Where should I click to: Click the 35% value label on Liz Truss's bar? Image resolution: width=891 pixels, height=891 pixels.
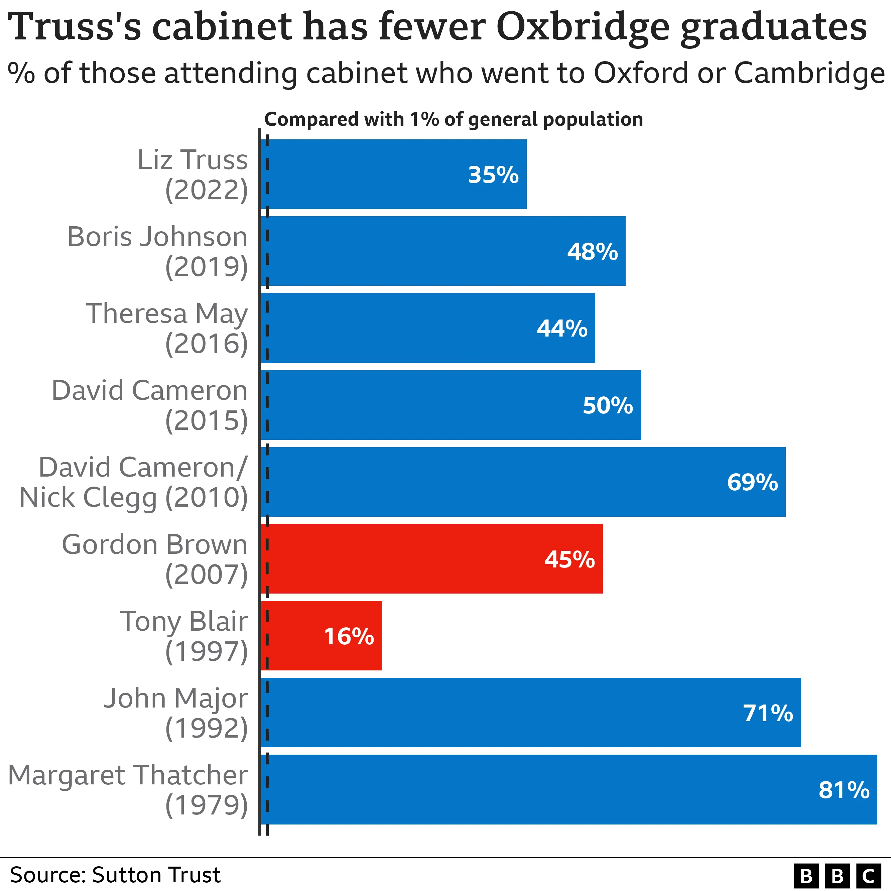tap(493, 175)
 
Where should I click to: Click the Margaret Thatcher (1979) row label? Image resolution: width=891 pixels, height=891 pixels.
tap(128, 789)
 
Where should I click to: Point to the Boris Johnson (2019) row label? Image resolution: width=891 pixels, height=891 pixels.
tap(158, 251)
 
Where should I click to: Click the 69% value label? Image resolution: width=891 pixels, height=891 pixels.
tap(752, 482)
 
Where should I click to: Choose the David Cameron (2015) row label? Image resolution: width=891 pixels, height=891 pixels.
tap(150, 405)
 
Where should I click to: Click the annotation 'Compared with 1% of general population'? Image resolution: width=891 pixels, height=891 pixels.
tap(453, 119)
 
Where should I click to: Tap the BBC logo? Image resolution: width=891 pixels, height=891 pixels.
tap(837, 875)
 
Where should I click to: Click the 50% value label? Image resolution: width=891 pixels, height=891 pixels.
tap(607, 405)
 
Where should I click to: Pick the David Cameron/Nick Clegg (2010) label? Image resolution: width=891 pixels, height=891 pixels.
tap(134, 482)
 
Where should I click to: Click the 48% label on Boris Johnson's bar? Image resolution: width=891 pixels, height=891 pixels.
tap(592, 252)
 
